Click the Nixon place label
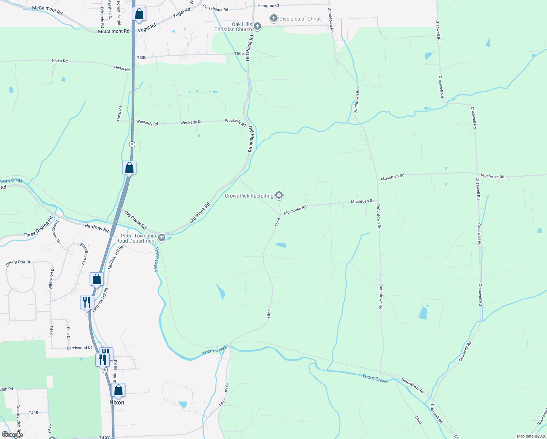coord(117,402)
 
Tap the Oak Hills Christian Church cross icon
coord(257,26)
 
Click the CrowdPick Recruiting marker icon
coord(279,196)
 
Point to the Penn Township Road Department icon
coord(161,238)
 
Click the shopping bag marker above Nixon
coord(118,390)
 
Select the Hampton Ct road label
coord(268,6)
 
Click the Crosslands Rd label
coord(215,8)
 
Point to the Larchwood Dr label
coord(79,348)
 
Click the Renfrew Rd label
coord(97,228)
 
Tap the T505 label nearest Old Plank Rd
coord(239,53)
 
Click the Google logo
coord(12,435)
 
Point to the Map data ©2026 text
coord(531,436)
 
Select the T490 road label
coord(418,420)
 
